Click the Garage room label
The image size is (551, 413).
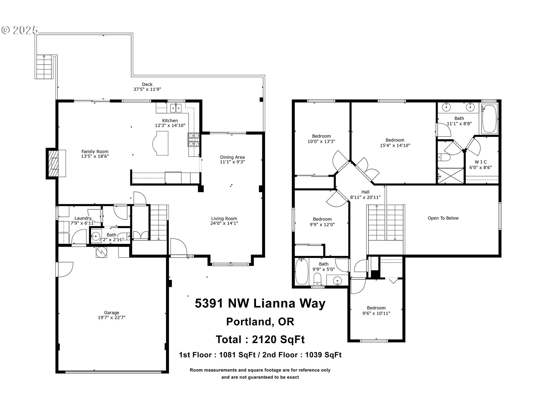(111, 313)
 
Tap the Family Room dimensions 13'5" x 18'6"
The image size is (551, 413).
(95, 156)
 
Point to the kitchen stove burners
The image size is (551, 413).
(193, 140)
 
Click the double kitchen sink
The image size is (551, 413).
(176, 108)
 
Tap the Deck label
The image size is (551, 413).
(147, 84)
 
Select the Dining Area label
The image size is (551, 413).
(232, 157)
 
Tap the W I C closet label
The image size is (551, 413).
(480, 162)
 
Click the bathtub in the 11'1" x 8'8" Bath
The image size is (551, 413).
(489, 118)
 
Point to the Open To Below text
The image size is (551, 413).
(443, 218)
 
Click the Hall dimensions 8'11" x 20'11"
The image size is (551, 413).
(365, 197)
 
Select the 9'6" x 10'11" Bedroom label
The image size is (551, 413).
(376, 308)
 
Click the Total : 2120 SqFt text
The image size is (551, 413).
(260, 340)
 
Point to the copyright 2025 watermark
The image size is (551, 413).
(20, 30)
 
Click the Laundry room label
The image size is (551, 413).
(83, 218)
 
